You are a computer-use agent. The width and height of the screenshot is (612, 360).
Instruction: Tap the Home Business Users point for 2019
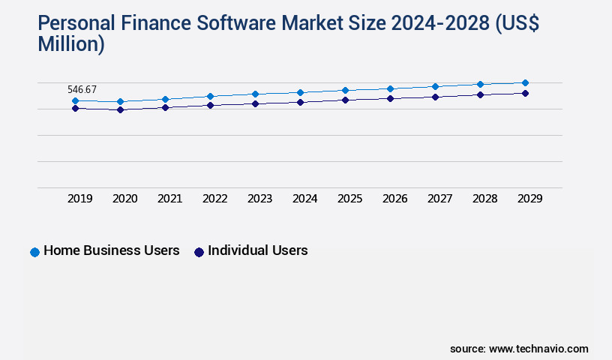[x=75, y=100]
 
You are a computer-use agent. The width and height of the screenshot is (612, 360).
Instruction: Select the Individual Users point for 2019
[x=75, y=108]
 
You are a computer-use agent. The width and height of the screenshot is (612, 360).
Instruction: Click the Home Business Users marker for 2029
[x=525, y=82]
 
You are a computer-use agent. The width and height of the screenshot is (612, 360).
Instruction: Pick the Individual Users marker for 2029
[x=525, y=93]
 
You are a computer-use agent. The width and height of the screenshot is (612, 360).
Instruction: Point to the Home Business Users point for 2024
[x=300, y=92]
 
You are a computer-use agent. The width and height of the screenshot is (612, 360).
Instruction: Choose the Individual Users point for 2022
[x=210, y=105]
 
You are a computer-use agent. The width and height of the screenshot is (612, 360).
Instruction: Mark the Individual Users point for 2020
[x=120, y=109]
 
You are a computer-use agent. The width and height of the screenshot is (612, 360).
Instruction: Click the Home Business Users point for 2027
[x=435, y=86]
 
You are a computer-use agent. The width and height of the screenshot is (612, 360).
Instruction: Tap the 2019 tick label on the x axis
[x=80, y=199]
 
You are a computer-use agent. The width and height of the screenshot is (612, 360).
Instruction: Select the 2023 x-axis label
[x=260, y=199]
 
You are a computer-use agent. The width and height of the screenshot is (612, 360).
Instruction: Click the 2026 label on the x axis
[x=395, y=199]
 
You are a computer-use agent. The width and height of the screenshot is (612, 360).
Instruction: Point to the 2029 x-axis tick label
[x=530, y=199]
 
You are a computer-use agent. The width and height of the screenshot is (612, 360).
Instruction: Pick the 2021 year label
[x=170, y=199]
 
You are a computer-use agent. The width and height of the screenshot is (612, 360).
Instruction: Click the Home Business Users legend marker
[x=34, y=252]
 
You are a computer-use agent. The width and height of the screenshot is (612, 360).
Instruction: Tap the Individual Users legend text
[x=257, y=250]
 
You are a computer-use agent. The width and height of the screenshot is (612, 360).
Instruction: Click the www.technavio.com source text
[x=538, y=349]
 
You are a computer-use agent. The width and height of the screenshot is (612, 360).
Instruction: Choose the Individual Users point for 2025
[x=345, y=100]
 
